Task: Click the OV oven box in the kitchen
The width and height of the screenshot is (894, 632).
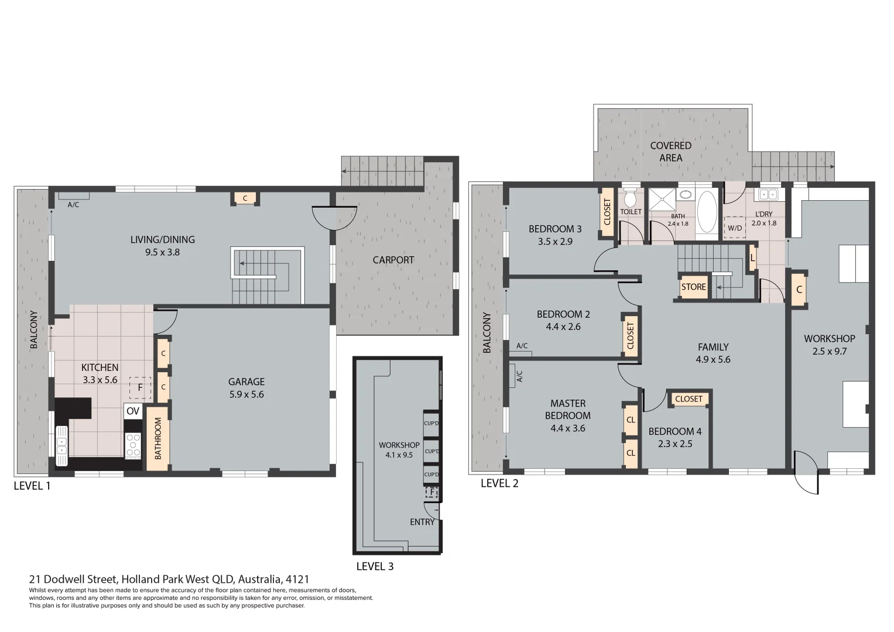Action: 133,411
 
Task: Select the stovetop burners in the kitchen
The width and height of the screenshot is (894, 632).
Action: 133,445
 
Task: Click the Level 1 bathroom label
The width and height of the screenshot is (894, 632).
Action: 157,438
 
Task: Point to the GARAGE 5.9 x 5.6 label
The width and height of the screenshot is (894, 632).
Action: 246,388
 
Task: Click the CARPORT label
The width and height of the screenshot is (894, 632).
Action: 393,260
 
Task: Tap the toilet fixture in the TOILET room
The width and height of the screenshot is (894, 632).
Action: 630,197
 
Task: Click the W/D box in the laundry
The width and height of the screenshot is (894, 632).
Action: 735,228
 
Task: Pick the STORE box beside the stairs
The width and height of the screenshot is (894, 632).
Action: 693,287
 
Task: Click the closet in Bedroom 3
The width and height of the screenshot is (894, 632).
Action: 607,212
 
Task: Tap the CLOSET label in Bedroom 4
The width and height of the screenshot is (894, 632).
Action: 688,399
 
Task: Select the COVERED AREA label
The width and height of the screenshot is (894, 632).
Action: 671,152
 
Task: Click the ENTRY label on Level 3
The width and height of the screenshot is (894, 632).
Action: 422,522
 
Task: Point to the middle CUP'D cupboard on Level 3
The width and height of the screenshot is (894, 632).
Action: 431,451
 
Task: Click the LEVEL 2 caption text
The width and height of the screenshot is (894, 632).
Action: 499,483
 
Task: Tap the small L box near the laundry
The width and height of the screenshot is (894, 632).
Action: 752,257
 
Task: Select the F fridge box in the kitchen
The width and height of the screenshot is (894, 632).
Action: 140,387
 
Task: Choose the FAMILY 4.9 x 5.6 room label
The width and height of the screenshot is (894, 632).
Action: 713,353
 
